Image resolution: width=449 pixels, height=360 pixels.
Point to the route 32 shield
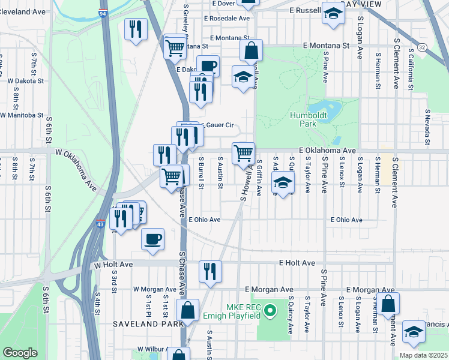coord(423,46)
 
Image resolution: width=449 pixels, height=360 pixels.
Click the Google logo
coord(20,353)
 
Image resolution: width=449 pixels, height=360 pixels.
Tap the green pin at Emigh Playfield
coord(270,311)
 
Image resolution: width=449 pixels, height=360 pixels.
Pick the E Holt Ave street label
coord(297,263)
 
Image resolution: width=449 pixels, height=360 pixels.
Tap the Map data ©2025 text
coord(423,355)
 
